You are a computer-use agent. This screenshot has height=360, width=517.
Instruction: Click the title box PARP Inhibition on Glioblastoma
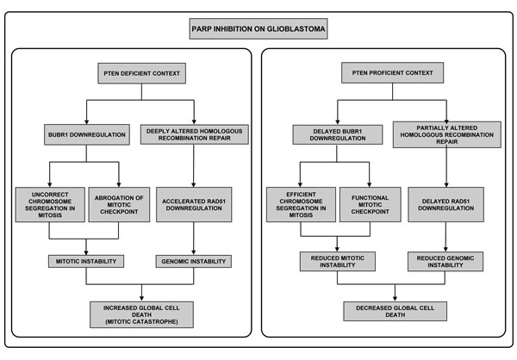tap(258, 28)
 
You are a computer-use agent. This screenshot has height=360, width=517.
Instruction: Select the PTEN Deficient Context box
tap(142, 73)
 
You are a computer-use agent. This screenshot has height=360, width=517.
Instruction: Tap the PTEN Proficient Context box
tap(392, 72)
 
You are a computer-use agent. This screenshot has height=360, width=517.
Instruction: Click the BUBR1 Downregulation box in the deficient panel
tap(87, 134)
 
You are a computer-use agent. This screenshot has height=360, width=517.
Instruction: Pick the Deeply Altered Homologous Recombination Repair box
tap(195, 134)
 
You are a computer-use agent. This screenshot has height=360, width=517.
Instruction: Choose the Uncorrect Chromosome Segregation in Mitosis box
tap(50, 205)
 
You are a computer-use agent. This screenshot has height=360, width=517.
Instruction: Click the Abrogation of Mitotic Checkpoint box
tap(119, 205)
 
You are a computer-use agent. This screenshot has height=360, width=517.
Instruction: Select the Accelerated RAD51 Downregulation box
tap(194, 205)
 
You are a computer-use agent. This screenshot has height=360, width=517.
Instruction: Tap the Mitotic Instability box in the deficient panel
tap(86, 261)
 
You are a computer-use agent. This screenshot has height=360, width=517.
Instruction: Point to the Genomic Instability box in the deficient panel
tap(194, 261)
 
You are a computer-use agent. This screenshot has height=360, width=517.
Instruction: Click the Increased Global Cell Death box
tap(142, 314)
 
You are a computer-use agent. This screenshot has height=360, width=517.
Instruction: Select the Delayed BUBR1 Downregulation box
tap(338, 134)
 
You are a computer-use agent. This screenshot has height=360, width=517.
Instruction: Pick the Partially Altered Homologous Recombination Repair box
tap(446, 134)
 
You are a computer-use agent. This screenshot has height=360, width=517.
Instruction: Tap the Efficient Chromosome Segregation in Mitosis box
tap(301, 205)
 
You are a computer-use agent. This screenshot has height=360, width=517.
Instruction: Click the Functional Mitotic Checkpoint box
tap(371, 205)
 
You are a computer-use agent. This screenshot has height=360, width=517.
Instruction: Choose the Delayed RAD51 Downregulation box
tap(445, 205)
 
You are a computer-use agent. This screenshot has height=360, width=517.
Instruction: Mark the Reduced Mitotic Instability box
tap(337, 262)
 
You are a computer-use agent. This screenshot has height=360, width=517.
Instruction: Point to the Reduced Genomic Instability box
tap(445, 262)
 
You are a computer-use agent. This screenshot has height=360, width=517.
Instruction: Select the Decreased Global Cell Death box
tap(395, 311)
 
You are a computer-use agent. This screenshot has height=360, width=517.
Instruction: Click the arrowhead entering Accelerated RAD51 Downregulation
tap(194, 185)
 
